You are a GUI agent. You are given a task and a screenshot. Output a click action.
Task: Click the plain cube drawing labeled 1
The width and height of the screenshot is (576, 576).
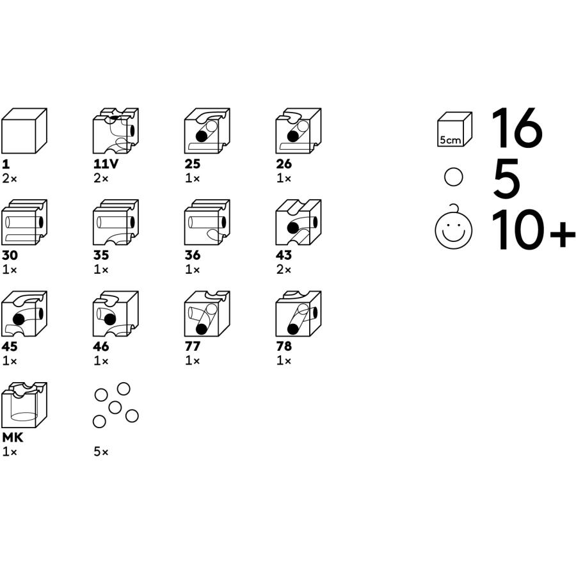24,131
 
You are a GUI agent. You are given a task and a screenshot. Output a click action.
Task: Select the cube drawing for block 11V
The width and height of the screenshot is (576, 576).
116,131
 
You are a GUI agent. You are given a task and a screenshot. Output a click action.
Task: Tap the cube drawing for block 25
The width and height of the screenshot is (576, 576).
207,131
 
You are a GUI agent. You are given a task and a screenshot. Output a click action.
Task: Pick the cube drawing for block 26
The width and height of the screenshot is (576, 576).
298,131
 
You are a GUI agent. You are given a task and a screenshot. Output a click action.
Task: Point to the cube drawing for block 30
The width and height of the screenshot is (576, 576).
24,222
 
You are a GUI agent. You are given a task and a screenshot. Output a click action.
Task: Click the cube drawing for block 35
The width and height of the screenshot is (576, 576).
116,222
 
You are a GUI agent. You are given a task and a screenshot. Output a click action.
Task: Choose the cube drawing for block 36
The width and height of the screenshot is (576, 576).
207,222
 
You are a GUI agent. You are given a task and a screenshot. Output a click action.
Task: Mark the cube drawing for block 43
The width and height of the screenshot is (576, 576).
298,222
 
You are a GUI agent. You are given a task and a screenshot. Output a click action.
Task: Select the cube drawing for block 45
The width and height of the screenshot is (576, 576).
24,314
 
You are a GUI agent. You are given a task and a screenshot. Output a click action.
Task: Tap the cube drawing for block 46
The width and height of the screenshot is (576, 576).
116,314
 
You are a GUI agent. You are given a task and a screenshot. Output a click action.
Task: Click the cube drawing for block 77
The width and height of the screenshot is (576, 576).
207,314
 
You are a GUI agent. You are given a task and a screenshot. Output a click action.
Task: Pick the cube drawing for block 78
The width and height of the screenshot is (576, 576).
298,314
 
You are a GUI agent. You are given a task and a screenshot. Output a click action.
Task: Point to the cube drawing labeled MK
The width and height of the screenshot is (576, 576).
24,405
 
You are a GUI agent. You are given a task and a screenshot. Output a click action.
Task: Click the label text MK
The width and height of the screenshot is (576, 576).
13,438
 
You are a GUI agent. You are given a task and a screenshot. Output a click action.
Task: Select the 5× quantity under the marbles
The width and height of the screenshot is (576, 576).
101,452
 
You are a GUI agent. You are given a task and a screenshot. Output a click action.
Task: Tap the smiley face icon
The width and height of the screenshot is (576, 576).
453,227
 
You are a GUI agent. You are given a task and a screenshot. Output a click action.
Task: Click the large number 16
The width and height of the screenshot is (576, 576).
517,128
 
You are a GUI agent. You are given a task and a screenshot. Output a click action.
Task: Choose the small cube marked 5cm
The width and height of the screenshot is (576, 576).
455,130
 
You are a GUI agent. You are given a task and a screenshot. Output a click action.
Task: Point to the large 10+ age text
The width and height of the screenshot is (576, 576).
533,230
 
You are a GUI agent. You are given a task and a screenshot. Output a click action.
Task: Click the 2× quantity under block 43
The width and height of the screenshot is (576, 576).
284,270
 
